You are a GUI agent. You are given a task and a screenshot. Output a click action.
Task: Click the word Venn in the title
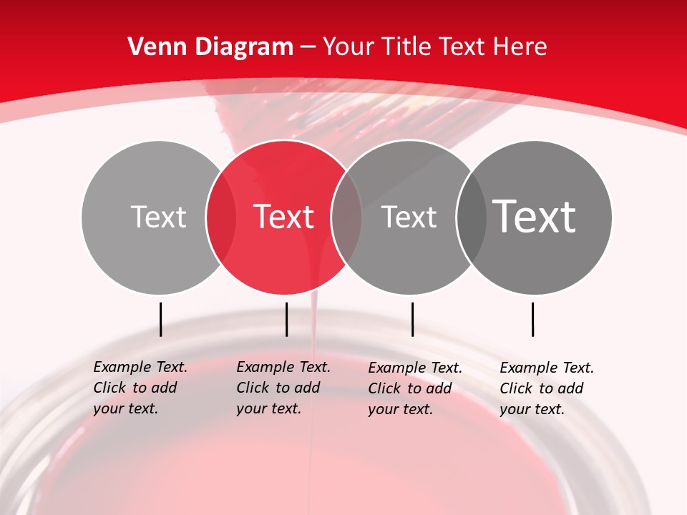point(157,47)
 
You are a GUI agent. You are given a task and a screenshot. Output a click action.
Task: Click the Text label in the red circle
point(283,217)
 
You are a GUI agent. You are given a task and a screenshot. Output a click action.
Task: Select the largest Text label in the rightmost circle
point(534,216)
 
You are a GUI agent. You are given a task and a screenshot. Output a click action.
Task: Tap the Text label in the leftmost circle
point(158,217)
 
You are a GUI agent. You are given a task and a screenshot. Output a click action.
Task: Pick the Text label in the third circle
point(409,217)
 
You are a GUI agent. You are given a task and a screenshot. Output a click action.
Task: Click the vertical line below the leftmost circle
point(160,319)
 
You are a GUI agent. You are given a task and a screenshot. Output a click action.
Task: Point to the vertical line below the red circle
point(286,319)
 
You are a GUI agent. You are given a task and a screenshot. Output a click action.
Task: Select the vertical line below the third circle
point(412,319)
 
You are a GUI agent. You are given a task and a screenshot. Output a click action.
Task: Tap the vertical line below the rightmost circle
point(532,319)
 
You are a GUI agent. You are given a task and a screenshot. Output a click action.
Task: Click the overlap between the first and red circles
point(221,217)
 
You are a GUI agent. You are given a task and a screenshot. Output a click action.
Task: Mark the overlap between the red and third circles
point(346,217)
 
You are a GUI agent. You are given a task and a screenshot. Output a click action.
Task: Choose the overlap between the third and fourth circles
point(471,217)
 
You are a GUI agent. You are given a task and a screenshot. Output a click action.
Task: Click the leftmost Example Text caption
point(140,388)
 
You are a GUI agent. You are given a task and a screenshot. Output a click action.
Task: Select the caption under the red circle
point(283,388)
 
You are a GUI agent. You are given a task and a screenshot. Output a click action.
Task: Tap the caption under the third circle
point(414,388)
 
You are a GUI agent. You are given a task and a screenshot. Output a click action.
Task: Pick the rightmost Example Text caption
point(546,388)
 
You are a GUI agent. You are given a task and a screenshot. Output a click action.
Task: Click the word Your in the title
point(349,47)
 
